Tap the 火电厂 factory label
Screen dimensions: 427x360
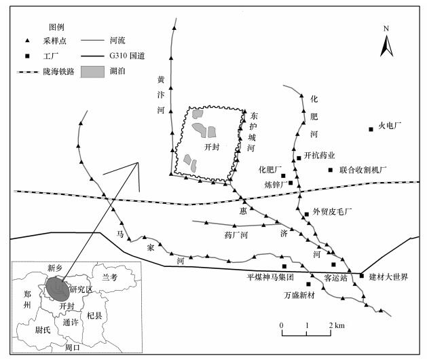[x=391, y=126]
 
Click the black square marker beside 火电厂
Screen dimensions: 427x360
[x=371, y=129]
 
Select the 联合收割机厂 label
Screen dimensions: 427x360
[x=363, y=169]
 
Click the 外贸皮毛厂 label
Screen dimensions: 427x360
[x=332, y=212]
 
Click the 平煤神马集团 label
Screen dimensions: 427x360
[x=270, y=276]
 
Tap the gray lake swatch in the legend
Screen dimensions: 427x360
[x=94, y=71]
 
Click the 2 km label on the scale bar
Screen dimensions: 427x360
[x=335, y=326]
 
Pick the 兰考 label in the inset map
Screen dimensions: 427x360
[x=109, y=278]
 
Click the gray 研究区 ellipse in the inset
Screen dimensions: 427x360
[x=56, y=288]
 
